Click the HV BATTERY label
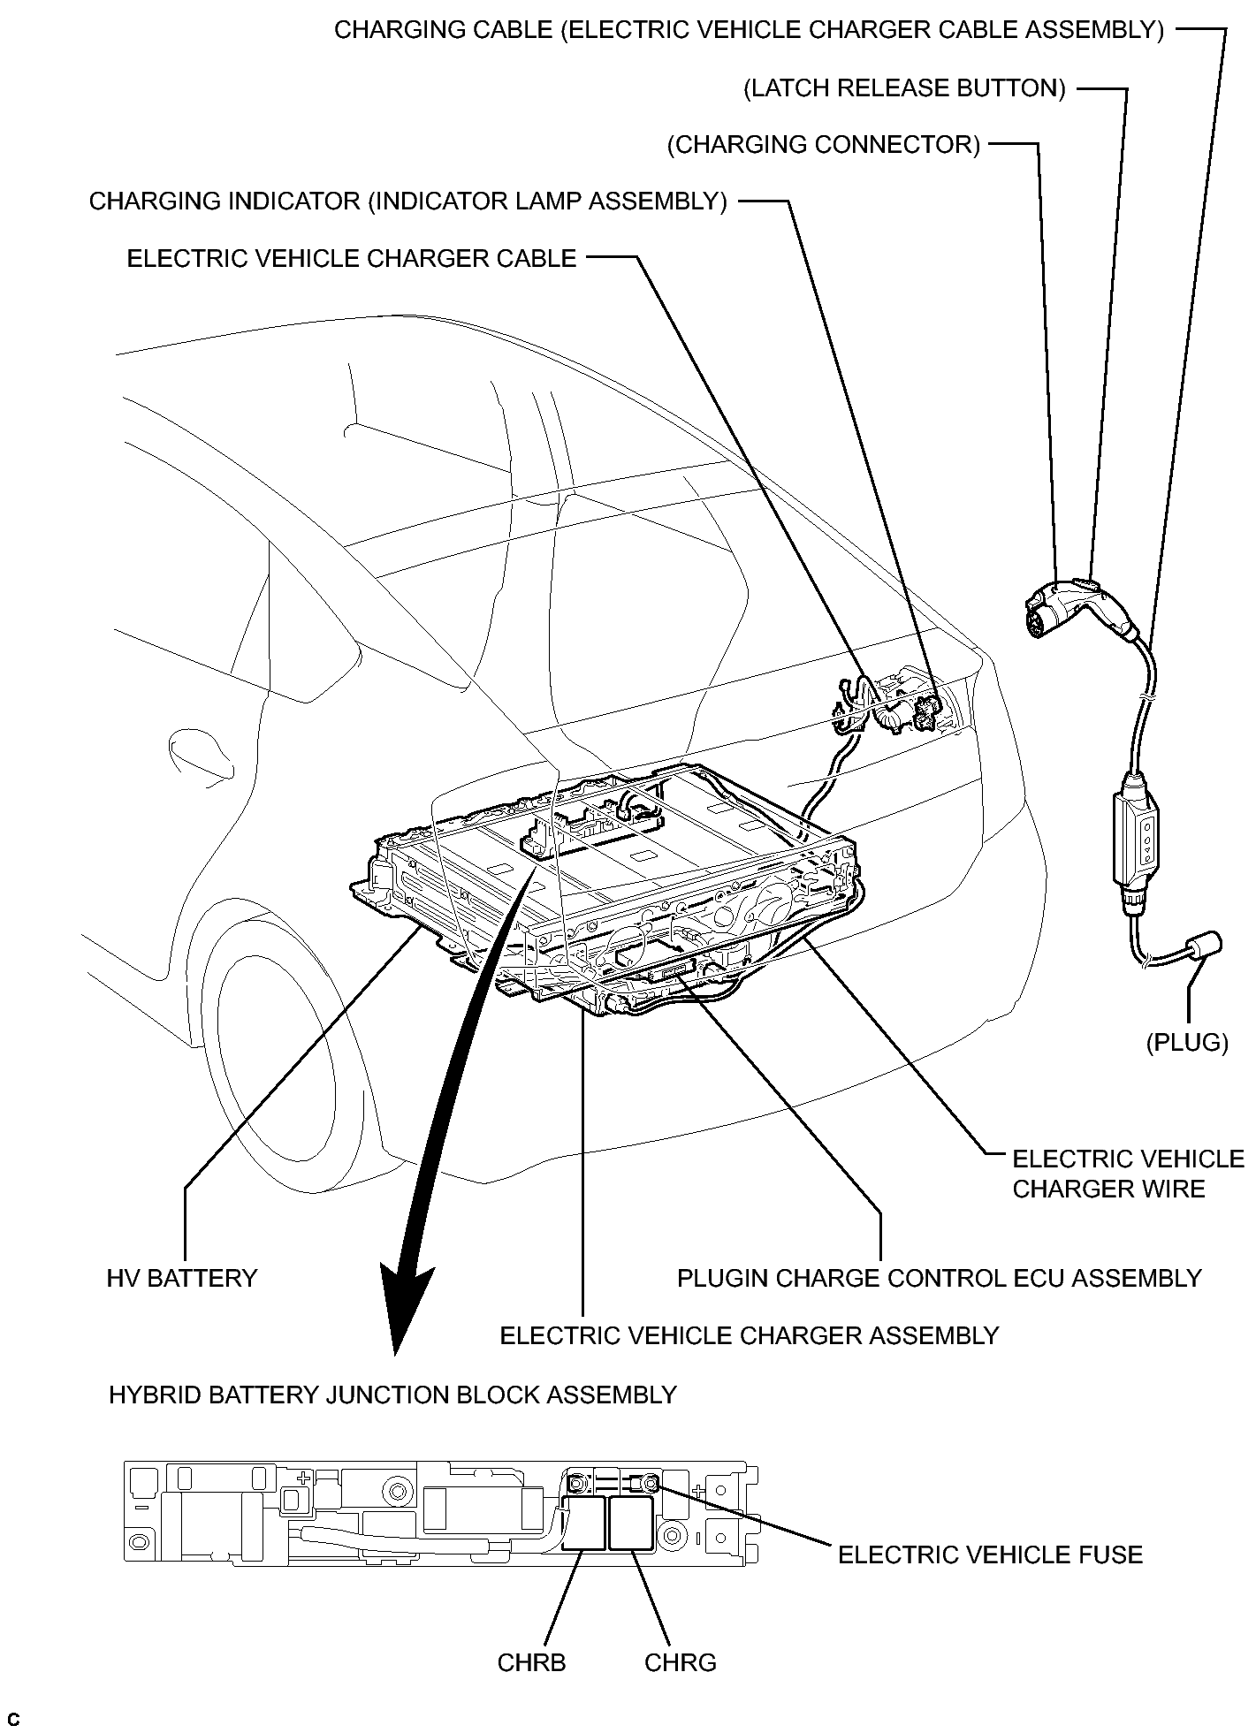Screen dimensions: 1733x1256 pos(181,1278)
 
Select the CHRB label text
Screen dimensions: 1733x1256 pos(531,1662)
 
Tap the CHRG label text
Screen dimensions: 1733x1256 pos(680,1662)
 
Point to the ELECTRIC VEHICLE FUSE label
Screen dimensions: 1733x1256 pos(990,1554)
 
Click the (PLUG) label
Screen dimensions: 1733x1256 pos(1187,1043)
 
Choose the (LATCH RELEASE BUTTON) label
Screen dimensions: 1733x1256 pos(904,88)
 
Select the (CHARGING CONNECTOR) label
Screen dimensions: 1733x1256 pos(824,145)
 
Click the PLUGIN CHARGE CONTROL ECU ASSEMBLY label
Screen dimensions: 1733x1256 pos(939,1278)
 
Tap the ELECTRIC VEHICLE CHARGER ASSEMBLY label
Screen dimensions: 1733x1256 pos(749,1334)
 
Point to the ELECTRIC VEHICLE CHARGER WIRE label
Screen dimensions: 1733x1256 pos(1127,1174)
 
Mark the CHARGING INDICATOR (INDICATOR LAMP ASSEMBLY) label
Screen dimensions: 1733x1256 pos(407,201)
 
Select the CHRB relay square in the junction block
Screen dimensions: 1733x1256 pos(584,1523)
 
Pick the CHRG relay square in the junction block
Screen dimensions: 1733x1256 pos(632,1523)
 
